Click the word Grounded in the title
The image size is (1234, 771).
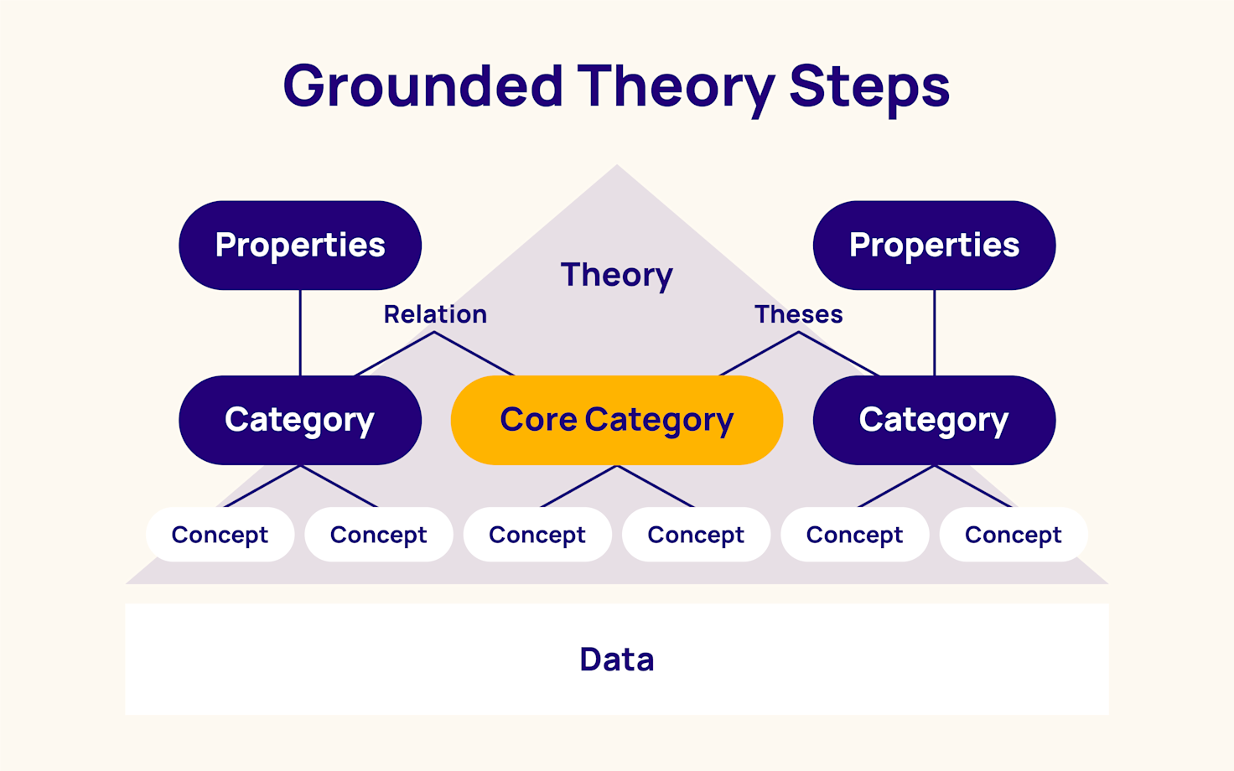click(423, 86)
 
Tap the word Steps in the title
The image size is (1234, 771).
click(868, 86)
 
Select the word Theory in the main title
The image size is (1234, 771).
click(676, 86)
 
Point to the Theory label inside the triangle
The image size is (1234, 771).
click(616, 275)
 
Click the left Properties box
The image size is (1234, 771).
click(300, 245)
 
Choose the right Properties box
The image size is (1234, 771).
click(934, 245)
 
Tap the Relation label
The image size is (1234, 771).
click(435, 314)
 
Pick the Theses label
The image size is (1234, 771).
click(798, 314)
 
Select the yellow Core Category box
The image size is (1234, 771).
click(616, 420)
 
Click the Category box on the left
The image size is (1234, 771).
click(300, 420)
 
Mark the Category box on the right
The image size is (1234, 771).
click(934, 420)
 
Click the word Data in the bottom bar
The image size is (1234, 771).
click(616, 660)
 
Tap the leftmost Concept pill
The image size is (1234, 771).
click(220, 535)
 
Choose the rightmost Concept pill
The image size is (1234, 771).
click(1013, 535)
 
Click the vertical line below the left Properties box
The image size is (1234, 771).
click(300, 333)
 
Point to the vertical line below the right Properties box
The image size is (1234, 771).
click(934, 333)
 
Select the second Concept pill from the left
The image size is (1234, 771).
click(378, 535)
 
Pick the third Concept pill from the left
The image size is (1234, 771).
click(537, 535)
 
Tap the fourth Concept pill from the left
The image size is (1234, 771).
click(696, 535)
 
